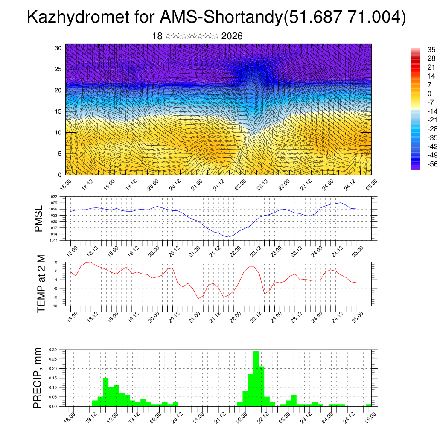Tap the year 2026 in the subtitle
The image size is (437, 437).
point(232,36)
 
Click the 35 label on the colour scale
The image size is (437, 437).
point(420,50)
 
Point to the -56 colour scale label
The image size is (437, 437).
point(421,164)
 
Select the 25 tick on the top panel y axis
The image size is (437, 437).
point(58,69)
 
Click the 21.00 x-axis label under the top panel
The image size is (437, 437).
point(197,184)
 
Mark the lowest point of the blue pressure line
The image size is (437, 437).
point(229,237)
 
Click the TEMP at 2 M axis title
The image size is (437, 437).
point(41,284)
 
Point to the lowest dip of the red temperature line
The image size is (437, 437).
point(198,298)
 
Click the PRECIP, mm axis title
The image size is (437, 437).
point(38,378)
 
